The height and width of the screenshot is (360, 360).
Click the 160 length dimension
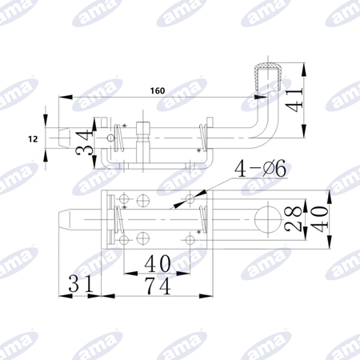[x=158, y=91]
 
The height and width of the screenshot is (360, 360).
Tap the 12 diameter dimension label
[x=33, y=139]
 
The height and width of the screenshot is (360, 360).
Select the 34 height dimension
[x=83, y=142]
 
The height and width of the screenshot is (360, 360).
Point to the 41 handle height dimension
[x=294, y=100]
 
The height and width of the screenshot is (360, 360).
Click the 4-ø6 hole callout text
[x=260, y=169]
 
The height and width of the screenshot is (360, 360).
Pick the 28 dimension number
[x=293, y=218]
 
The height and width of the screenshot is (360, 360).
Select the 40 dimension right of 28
[x=318, y=219]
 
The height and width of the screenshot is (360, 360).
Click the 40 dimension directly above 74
[x=158, y=263]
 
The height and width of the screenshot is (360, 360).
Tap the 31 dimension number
[x=81, y=284]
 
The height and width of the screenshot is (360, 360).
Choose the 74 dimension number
[x=158, y=286]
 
